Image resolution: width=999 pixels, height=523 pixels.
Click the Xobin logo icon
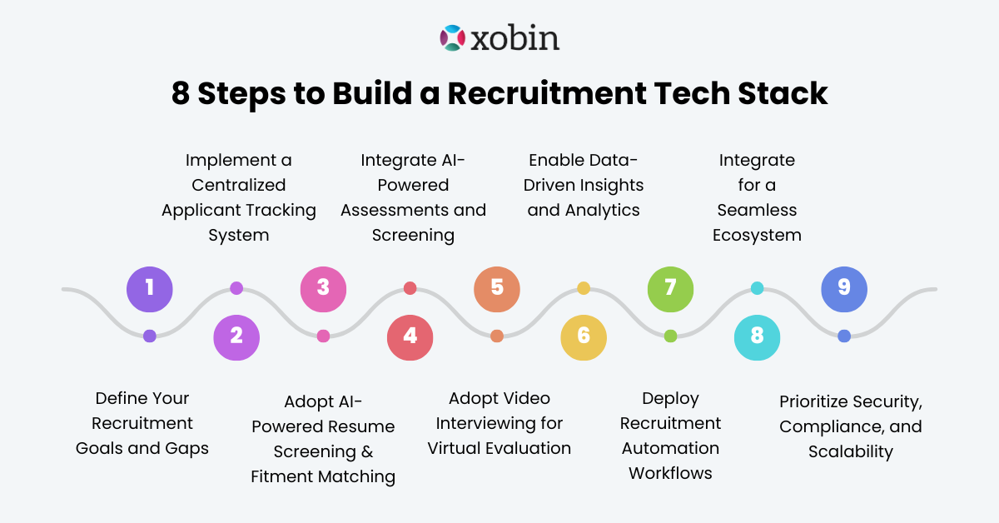tap(451, 38)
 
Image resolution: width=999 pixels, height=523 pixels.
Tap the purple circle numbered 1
tap(150, 288)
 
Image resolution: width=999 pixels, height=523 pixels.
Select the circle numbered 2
tap(236, 336)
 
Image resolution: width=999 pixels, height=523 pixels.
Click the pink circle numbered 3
tap(323, 288)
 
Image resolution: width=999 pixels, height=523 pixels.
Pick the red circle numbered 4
tap(410, 336)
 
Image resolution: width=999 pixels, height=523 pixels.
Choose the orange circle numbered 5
tap(497, 288)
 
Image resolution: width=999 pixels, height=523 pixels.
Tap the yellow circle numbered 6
tap(584, 336)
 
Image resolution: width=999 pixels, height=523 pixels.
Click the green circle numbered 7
tap(670, 288)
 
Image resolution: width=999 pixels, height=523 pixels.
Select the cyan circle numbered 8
tap(757, 336)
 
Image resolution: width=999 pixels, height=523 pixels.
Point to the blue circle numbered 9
tap(844, 288)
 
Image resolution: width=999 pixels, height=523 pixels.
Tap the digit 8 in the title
tap(181, 93)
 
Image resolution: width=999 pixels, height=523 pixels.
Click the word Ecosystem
tap(757, 235)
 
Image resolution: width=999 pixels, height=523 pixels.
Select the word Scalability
tap(851, 452)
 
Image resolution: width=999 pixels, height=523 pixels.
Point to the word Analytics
tap(601, 210)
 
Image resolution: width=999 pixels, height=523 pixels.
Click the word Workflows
tap(670, 473)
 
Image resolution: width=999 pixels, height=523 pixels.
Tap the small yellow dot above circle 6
tap(584, 288)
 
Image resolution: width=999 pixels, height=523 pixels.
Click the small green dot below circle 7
tap(670, 336)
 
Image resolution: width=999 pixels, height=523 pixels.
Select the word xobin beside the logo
tap(514, 38)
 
